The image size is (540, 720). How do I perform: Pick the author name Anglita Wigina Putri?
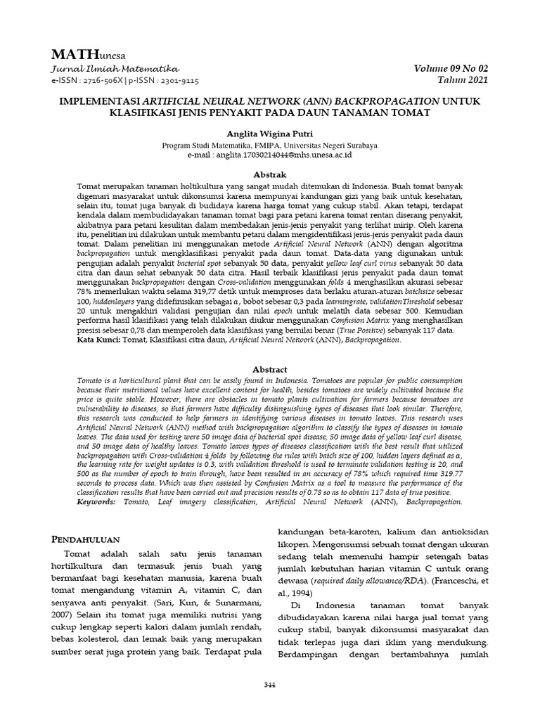coord(269,133)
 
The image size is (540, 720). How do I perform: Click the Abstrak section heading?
coord(269,174)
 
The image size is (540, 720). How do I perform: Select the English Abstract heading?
coord(269,369)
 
